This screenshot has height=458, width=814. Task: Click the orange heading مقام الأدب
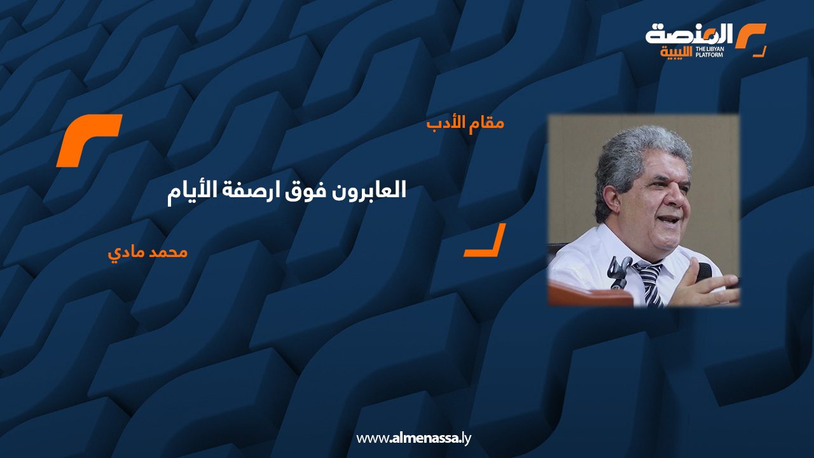(466, 123)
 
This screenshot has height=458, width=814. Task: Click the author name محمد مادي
(148, 253)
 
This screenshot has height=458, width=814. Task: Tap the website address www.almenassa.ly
(413, 438)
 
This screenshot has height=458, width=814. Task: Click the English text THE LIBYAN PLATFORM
(709, 52)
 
